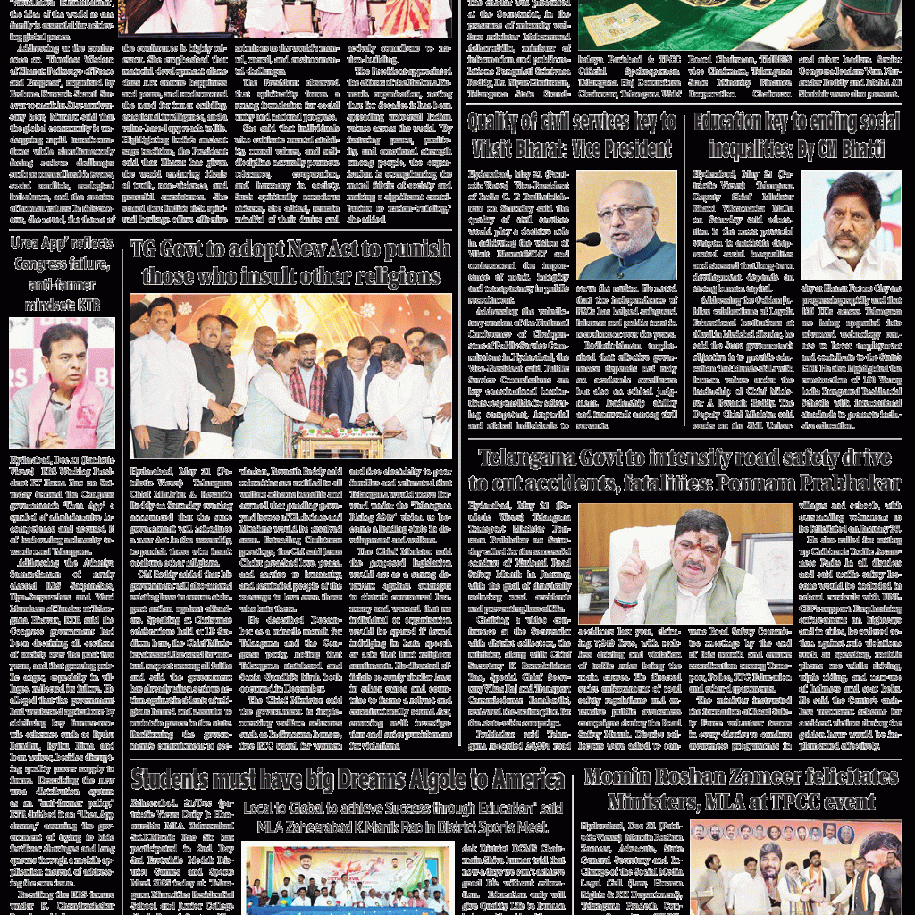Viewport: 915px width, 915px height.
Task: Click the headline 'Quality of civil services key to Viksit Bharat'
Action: (x=571, y=135)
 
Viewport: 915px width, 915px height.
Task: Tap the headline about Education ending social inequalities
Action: (x=796, y=135)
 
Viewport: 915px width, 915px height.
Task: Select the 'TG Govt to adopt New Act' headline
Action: (x=290, y=262)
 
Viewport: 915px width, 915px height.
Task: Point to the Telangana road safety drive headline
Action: (x=684, y=471)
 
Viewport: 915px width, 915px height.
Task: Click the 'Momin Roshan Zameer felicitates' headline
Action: (x=741, y=787)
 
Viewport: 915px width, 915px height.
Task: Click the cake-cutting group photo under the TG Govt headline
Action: (x=290, y=376)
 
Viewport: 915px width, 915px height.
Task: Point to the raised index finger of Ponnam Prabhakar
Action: (x=634, y=546)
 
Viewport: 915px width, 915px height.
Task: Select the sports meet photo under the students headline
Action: (x=348, y=879)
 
